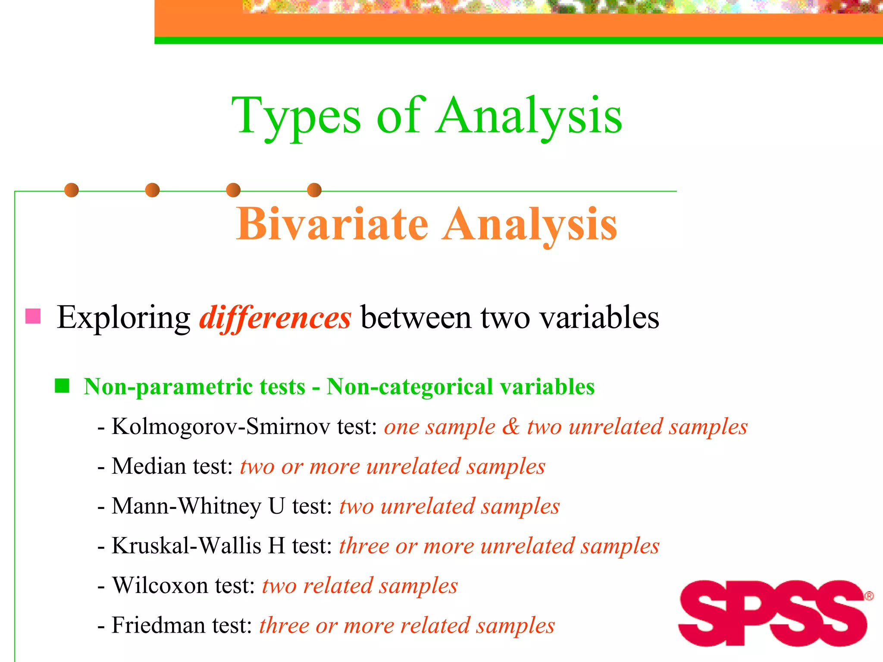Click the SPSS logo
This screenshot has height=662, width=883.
pyautogui.click(x=773, y=613)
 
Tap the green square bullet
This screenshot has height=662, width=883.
pyautogui.click(x=62, y=386)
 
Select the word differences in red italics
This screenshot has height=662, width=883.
pyautogui.click(x=275, y=318)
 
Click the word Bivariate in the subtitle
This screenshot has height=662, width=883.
pyautogui.click(x=332, y=224)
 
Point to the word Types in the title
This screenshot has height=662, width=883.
pyautogui.click(x=296, y=116)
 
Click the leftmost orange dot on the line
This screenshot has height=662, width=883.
pyautogui.click(x=72, y=190)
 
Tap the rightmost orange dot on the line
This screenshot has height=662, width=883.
pyautogui.click(x=314, y=190)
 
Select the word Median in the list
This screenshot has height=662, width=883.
pyautogui.click(x=149, y=466)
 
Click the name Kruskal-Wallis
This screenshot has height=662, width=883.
pyautogui.click(x=186, y=546)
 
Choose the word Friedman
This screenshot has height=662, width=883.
pyautogui.click(x=158, y=625)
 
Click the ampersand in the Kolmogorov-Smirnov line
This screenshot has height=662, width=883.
pyautogui.click(x=511, y=427)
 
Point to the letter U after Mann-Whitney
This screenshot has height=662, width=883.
pyautogui.click(x=276, y=506)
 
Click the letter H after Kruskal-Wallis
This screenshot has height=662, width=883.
pyautogui.click(x=276, y=546)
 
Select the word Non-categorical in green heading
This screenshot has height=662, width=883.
pyautogui.click(x=410, y=387)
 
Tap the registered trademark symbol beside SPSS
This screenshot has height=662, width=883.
pyautogui.click(x=869, y=596)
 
